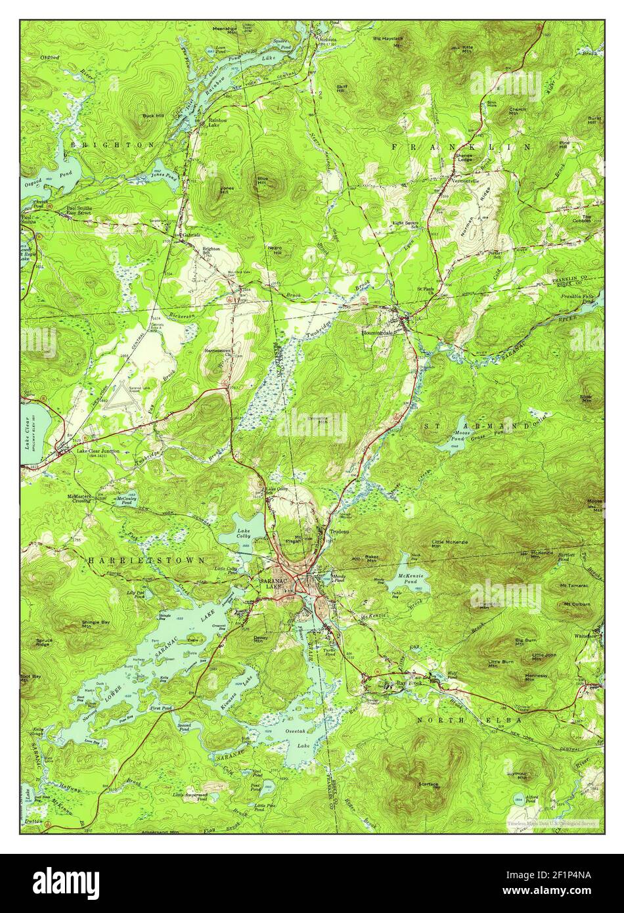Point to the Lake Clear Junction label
98,451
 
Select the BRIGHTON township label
113,143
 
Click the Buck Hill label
153,116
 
